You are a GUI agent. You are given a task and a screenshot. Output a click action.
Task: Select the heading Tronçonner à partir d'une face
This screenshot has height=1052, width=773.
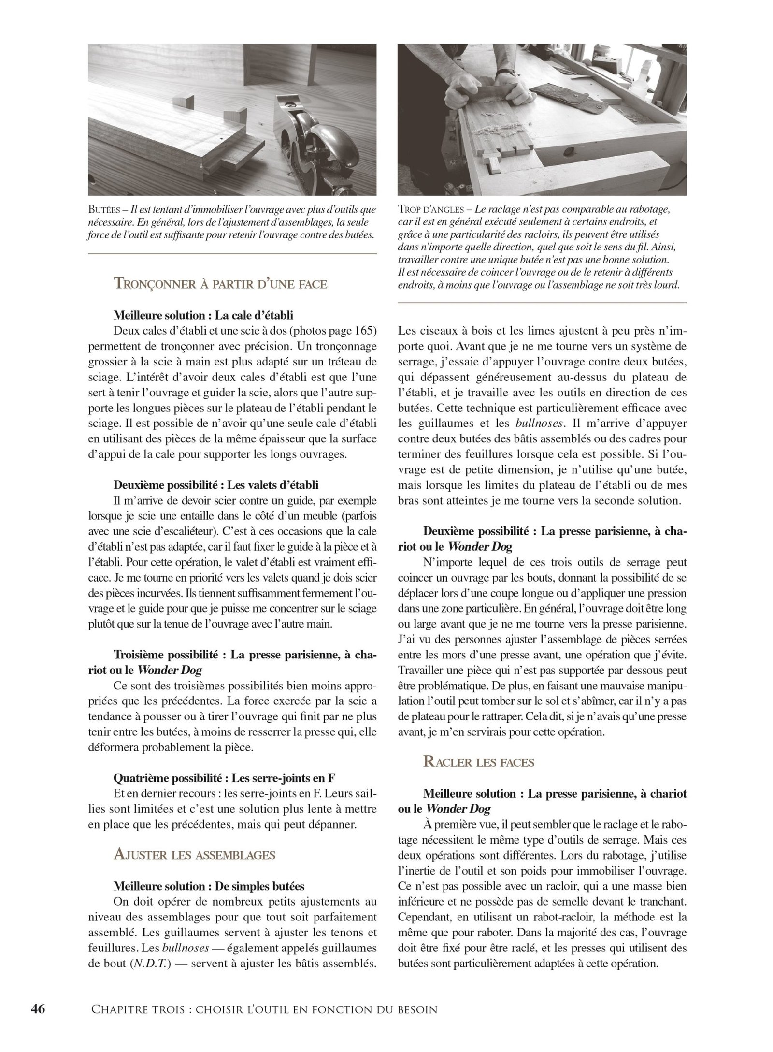[x=220, y=283]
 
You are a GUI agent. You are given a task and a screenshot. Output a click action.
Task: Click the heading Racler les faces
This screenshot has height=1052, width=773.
[x=479, y=762]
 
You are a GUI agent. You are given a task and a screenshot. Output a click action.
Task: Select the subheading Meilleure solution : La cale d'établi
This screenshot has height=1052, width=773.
[x=203, y=315]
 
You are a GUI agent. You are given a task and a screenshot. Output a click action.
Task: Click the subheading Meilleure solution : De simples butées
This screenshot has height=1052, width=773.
[x=209, y=886]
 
